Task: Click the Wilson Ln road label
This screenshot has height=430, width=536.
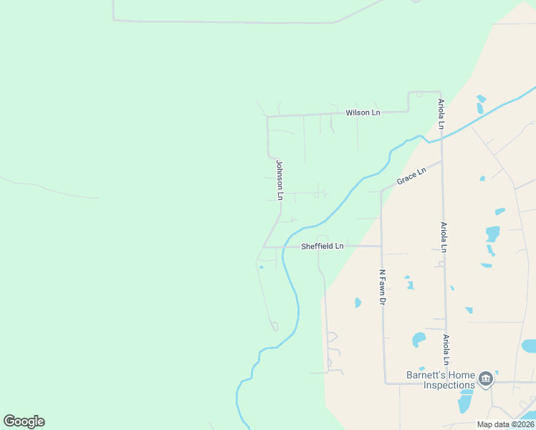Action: pos(363,113)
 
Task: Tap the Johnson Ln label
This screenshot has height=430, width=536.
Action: pos(280,180)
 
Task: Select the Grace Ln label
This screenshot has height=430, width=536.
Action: pos(411,176)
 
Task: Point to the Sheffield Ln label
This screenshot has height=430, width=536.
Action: pos(322,246)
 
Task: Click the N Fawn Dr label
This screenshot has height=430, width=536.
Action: pos(382,287)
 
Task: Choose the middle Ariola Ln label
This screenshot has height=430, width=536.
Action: pos(444,236)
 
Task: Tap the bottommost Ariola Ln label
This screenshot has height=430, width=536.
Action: pos(446,349)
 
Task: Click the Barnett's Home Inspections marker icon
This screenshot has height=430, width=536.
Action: pos(486,378)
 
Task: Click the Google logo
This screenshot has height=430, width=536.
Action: pos(24,421)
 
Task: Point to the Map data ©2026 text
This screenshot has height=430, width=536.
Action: pos(505,424)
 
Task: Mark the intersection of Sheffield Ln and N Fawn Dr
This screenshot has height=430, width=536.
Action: pos(381,246)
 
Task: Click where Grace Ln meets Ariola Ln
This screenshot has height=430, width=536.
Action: pos(441,161)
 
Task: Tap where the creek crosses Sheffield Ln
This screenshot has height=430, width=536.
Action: pos(284,247)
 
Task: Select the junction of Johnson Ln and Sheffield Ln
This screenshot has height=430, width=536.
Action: pos(264,247)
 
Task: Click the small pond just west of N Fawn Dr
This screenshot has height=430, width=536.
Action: pos(358,302)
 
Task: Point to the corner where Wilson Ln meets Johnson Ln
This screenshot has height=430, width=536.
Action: pos(267,116)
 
